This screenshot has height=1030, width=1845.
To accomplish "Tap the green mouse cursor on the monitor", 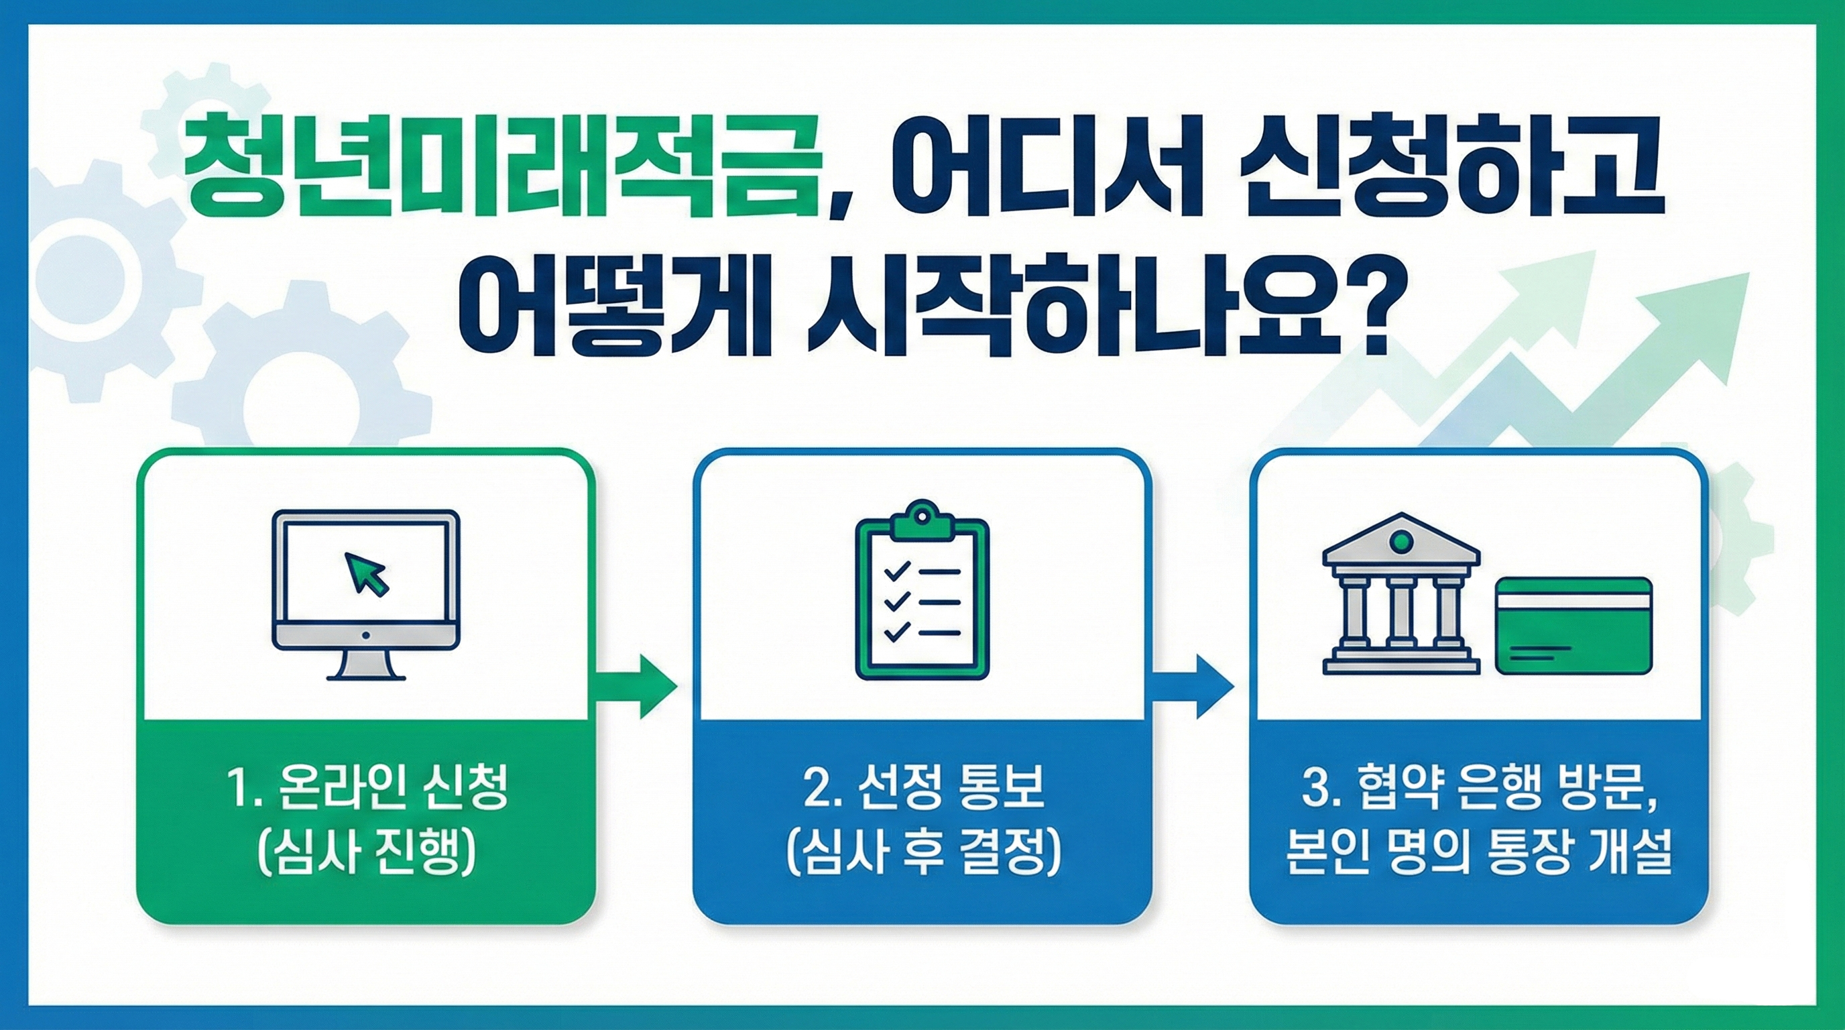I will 367,573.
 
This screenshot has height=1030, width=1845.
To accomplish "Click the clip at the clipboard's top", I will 922,518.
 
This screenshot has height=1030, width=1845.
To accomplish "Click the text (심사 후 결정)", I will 922,856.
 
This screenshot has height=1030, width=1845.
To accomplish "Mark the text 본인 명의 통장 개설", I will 1478,856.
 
